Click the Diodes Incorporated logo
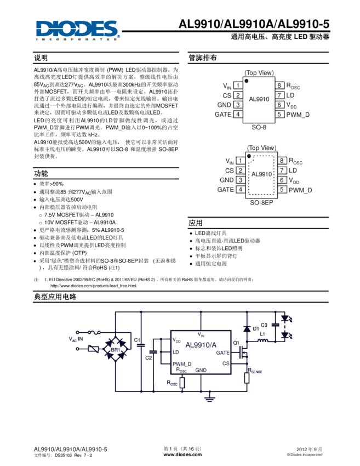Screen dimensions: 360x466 [77, 30]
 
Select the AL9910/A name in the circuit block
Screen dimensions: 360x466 [201, 345]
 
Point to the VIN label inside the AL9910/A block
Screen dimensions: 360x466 [201, 334]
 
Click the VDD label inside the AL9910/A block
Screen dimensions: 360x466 [176, 340]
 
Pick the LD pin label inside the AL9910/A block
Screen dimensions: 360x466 [176, 352]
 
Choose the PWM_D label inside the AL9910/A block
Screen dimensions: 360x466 [182, 363]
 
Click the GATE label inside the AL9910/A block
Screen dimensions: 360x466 [222, 353]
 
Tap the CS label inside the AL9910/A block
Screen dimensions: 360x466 [226, 363]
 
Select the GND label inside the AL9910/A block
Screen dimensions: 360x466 [201, 371]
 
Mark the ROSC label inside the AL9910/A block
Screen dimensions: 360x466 [181, 370]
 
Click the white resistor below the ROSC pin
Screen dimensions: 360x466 [182, 382]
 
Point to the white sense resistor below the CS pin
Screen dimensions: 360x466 [247, 377]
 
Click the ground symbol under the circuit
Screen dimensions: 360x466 [209, 399]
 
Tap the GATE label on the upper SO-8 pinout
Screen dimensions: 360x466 [223, 115]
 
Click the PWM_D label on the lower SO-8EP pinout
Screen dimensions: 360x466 [300, 190]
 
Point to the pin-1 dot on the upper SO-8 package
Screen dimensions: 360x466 [247, 81]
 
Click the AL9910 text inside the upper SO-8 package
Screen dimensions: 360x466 [259, 99]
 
